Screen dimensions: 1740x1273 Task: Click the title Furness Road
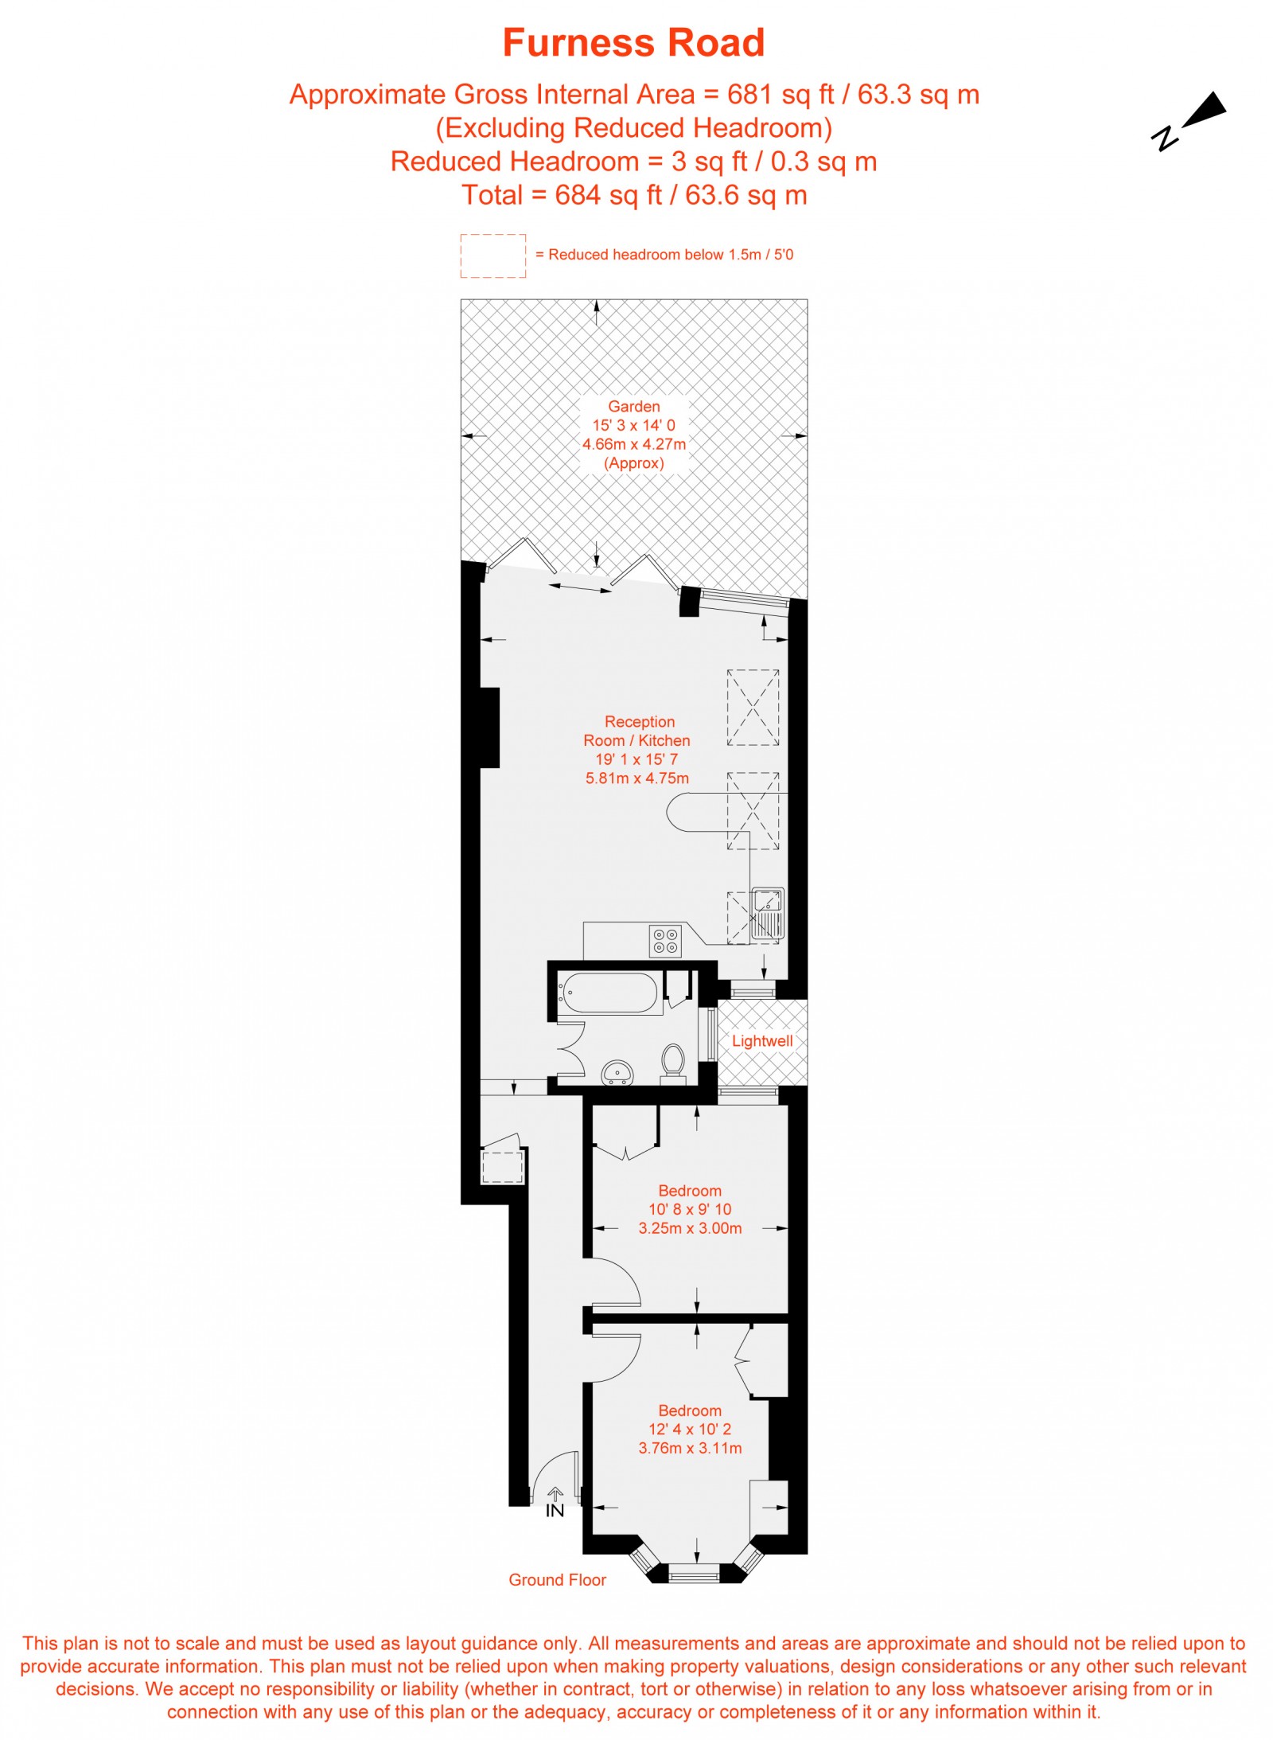point(633,43)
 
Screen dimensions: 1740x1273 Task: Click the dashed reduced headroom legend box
point(492,256)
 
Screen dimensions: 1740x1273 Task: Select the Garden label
point(633,406)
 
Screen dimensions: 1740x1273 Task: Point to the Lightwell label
point(761,1040)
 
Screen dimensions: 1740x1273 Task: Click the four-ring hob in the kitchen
point(665,939)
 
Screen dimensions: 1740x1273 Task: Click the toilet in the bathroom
point(673,1063)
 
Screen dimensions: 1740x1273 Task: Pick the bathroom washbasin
point(617,1071)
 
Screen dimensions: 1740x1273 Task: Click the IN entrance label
point(555,1511)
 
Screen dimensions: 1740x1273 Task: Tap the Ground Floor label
point(557,1580)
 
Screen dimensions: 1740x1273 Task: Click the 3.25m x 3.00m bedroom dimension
point(690,1228)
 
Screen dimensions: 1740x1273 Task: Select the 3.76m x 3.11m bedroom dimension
point(690,1448)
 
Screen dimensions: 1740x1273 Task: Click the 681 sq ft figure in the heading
point(780,95)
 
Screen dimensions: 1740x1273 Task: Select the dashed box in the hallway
point(502,1167)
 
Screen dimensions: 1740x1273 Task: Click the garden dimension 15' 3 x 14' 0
point(633,425)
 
